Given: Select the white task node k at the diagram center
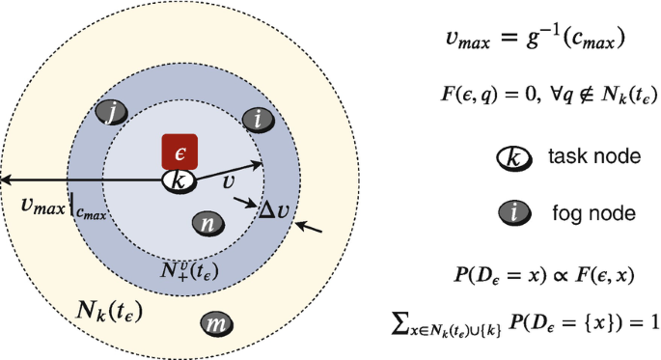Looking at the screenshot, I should click(x=179, y=180).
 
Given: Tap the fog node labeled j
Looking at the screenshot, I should click(x=114, y=115).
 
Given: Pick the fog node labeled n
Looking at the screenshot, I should click(x=208, y=223).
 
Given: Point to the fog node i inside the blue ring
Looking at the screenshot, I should click(x=258, y=120).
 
